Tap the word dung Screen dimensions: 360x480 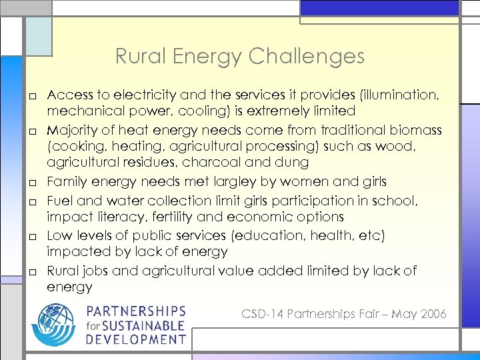click(294, 162)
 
